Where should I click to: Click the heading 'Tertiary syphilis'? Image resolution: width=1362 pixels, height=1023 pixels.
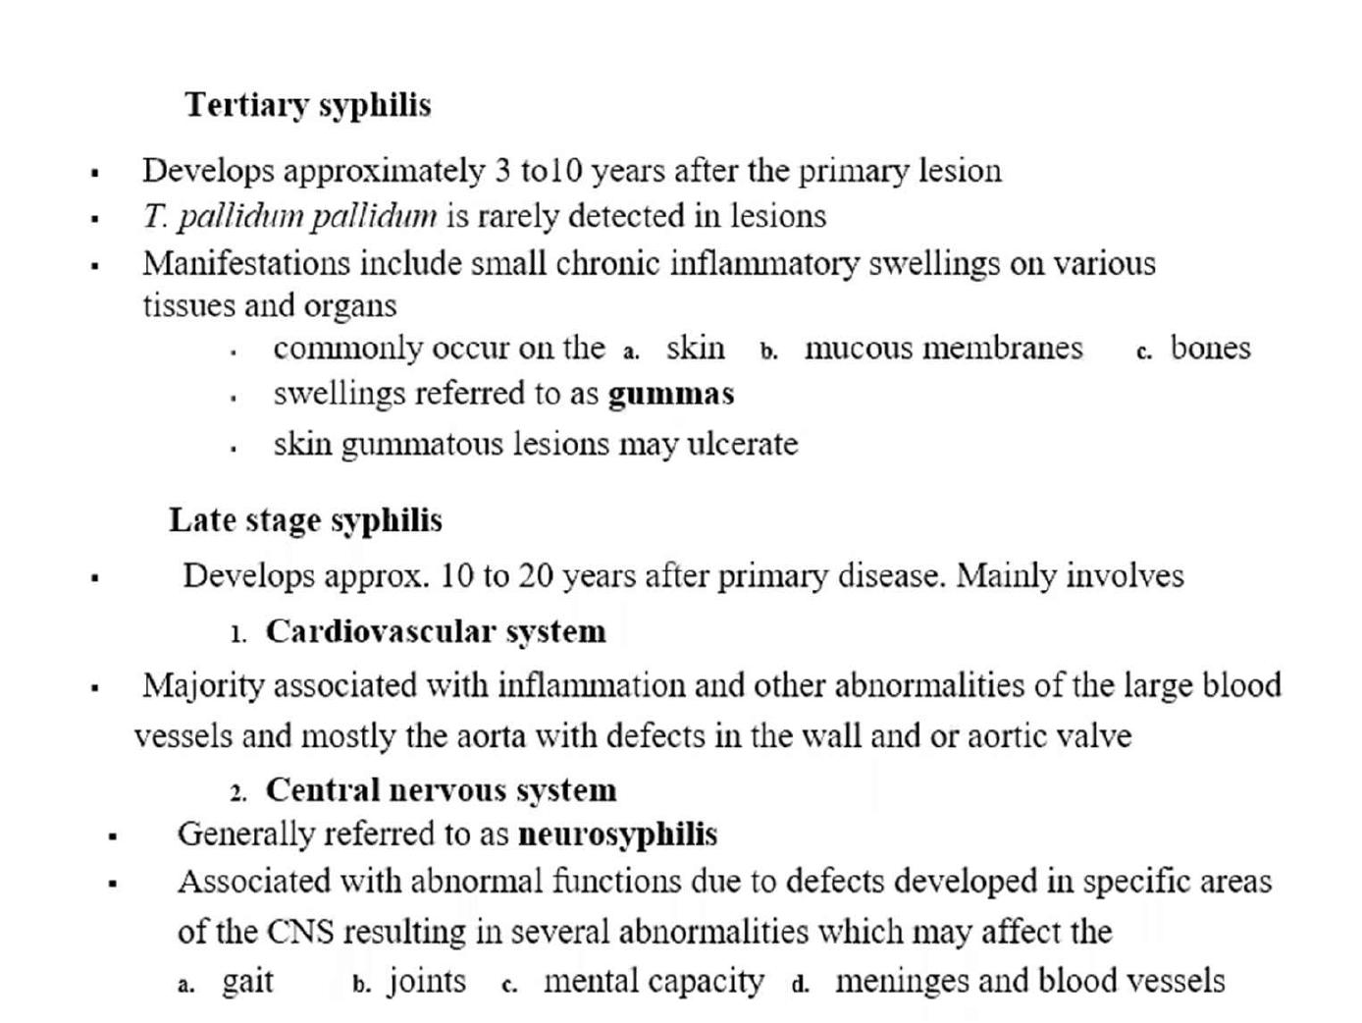click(x=308, y=105)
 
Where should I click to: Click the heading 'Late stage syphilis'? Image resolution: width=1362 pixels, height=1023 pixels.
click(x=305, y=520)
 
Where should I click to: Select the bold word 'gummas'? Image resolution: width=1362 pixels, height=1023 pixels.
click(x=671, y=395)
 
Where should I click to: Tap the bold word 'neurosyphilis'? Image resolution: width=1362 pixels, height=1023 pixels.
click(x=617, y=835)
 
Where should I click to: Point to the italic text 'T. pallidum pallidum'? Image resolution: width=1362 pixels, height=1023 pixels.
click(x=289, y=216)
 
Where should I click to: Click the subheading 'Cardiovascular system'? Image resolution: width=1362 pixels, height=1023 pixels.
click(x=436, y=631)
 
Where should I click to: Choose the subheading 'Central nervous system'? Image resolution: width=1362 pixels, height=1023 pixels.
click(x=441, y=790)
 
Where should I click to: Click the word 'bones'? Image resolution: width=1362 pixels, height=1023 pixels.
click(x=1210, y=349)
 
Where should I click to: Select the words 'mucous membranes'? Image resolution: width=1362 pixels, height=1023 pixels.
click(x=943, y=349)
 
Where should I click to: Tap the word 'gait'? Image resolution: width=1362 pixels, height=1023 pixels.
click(x=247, y=982)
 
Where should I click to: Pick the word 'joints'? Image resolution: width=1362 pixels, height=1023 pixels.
click(x=427, y=982)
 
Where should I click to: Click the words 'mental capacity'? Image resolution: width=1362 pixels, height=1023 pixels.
click(x=653, y=982)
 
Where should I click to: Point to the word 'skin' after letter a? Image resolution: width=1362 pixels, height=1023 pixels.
click(x=695, y=349)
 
